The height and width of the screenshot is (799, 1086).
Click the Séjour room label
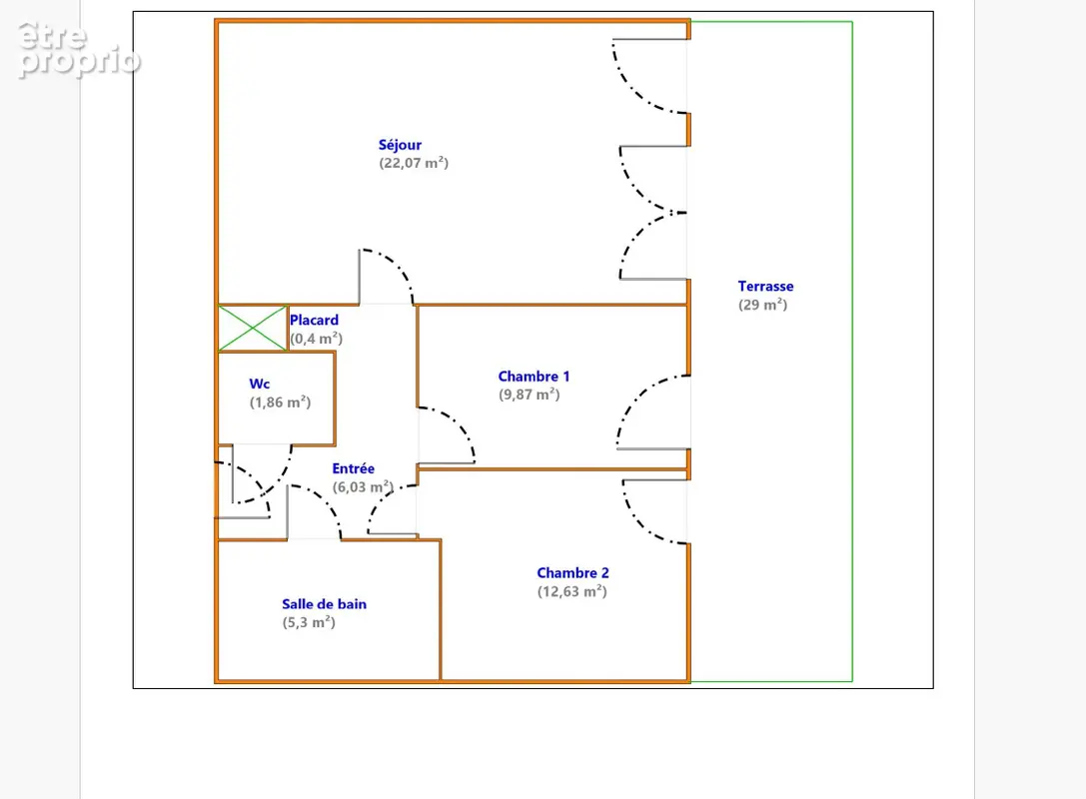point(400,145)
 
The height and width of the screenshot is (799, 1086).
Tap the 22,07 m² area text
point(414,163)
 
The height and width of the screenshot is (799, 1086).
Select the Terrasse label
point(765,286)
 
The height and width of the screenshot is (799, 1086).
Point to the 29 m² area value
point(762,305)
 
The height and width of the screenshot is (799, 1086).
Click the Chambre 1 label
point(534,377)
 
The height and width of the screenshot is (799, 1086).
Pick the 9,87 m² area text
point(530,395)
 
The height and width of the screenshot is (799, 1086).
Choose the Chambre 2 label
point(572,573)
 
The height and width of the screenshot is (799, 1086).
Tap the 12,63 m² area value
point(572,591)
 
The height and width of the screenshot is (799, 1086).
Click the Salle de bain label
point(324,604)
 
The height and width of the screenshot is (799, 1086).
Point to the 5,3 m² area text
point(308,622)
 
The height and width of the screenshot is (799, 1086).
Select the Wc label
point(260,384)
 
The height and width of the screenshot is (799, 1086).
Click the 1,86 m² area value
point(280,402)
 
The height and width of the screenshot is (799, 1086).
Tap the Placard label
point(314,320)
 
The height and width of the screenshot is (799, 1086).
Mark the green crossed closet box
point(252,329)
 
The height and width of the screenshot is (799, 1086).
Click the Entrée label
point(354,468)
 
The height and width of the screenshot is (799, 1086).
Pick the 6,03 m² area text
point(363,486)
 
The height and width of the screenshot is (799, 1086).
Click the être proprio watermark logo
point(78,50)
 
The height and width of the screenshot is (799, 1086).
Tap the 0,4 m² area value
point(316,339)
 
